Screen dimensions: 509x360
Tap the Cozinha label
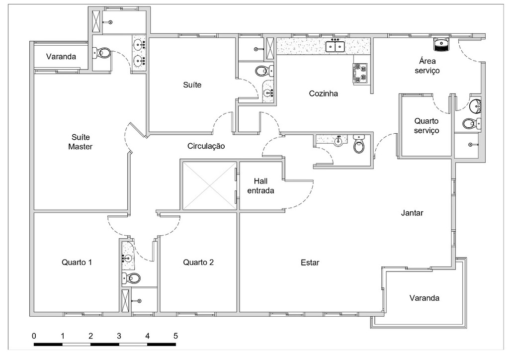323,93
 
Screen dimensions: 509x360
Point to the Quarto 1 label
77,262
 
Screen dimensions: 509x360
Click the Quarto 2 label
198,262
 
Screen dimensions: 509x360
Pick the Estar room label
310,263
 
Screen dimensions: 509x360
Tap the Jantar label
412,213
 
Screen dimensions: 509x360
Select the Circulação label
206,146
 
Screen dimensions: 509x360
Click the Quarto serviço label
427,125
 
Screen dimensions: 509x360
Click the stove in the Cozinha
360,73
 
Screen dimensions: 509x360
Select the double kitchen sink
336,47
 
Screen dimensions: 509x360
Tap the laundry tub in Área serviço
441,45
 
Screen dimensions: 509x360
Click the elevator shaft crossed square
209,185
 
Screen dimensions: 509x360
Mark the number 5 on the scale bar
175,336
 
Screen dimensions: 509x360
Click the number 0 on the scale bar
34,336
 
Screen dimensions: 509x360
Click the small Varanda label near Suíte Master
61,57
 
